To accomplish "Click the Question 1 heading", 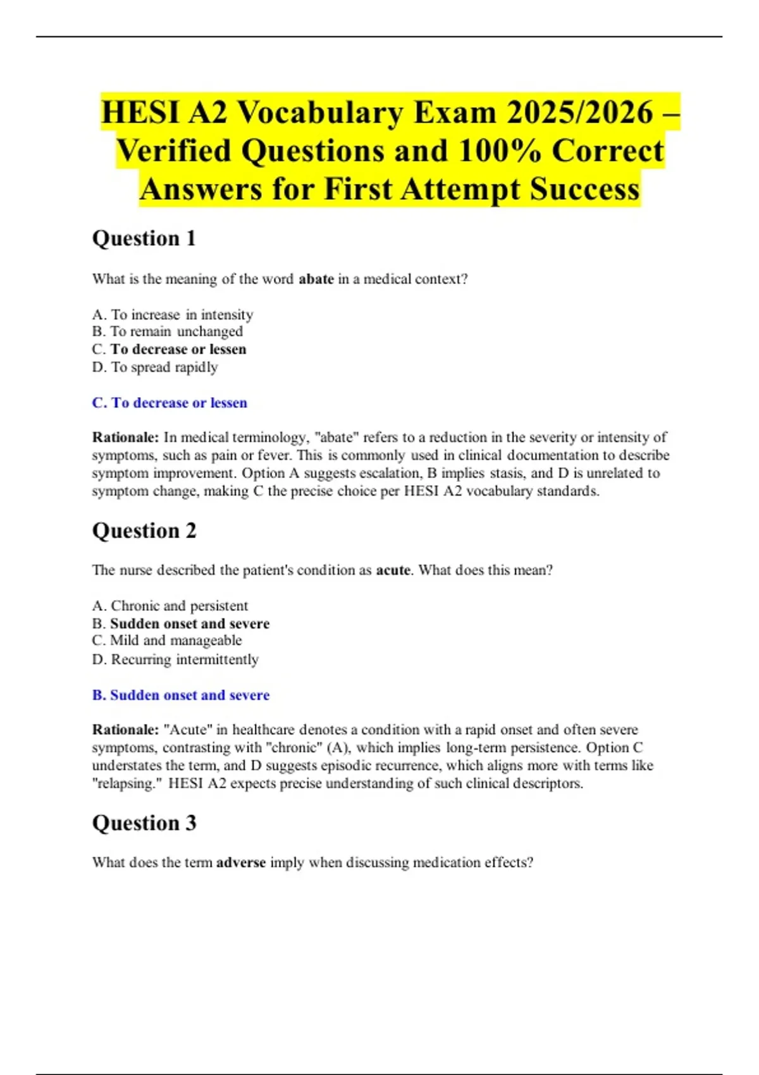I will pyautogui.click(x=144, y=238).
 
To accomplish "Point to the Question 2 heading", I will pyautogui.click(x=144, y=531).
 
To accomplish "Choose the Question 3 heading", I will pyautogui.click(x=144, y=823).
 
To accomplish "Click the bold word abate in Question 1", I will pyautogui.click(x=316, y=279).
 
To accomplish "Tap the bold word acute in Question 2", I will pyautogui.click(x=393, y=570).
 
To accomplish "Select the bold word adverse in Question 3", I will pyautogui.click(x=240, y=863).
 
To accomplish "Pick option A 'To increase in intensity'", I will pyautogui.click(x=173, y=314).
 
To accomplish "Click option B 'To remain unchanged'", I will pyautogui.click(x=168, y=331).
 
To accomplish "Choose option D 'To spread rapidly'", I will pyautogui.click(x=155, y=367).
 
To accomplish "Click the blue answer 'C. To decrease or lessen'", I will pyautogui.click(x=170, y=403).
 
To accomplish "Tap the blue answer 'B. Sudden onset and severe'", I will pyautogui.click(x=181, y=695).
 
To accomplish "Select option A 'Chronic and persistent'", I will pyautogui.click(x=170, y=606).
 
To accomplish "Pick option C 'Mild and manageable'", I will pyautogui.click(x=167, y=641).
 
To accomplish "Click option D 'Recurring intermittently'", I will pyautogui.click(x=175, y=660).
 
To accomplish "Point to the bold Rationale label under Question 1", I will pyautogui.click(x=125, y=438).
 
